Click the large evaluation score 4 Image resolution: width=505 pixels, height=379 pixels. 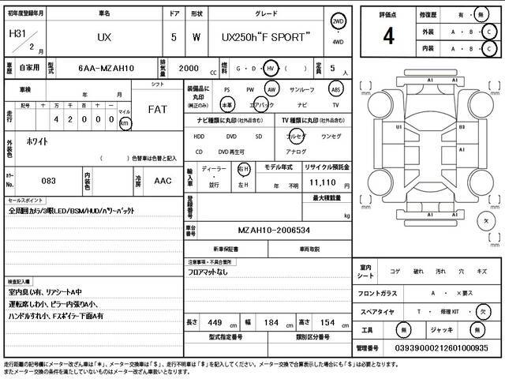coord(388,36)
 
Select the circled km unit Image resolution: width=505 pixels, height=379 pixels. coord(125,124)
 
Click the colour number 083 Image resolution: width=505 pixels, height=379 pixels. coord(49,181)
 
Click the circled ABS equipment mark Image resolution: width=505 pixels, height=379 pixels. coord(335,90)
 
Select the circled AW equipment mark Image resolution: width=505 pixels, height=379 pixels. coord(272,90)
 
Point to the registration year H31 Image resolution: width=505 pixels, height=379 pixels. coord(16,34)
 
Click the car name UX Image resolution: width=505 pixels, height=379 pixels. coord(104,37)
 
